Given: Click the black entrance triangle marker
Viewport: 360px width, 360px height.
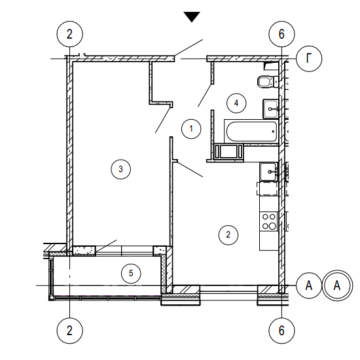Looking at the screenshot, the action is coord(192,16).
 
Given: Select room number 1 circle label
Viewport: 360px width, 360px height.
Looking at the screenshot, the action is coord(191,129).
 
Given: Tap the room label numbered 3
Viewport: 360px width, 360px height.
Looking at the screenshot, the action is coord(121,170).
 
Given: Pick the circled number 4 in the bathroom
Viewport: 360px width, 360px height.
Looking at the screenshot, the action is coord(236,103).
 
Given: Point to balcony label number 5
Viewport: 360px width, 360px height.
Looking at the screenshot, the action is coord(131,273).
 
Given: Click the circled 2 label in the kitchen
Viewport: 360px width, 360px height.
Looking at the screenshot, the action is coord(228,234).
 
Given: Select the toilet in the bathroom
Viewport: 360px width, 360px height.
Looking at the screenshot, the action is coord(268,82).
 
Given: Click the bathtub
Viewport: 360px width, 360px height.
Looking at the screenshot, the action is coord(251,132).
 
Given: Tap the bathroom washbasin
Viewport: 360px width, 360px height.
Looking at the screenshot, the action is coord(271,109).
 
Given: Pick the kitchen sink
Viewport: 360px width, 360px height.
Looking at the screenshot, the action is coord(268,171).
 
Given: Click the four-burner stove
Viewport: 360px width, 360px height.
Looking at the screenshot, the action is coord(269,221).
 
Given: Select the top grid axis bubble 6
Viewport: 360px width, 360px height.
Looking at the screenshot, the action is coord(281,34).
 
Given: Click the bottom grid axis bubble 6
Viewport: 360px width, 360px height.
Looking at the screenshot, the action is coord(281,331).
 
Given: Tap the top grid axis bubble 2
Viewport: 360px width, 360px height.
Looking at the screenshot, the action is coord(69,34).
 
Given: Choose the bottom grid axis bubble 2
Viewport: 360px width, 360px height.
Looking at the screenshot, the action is coord(69,331).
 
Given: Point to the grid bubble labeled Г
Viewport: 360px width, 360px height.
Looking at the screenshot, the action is coord(309,58).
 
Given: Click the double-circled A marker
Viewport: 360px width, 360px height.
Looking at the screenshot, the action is coord(337,285).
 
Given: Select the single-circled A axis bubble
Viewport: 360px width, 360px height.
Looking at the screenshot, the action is coord(309,285).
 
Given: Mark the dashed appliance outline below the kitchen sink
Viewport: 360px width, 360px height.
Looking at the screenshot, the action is coord(268,189).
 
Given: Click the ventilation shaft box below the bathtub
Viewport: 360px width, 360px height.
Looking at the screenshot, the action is coord(228,151).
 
